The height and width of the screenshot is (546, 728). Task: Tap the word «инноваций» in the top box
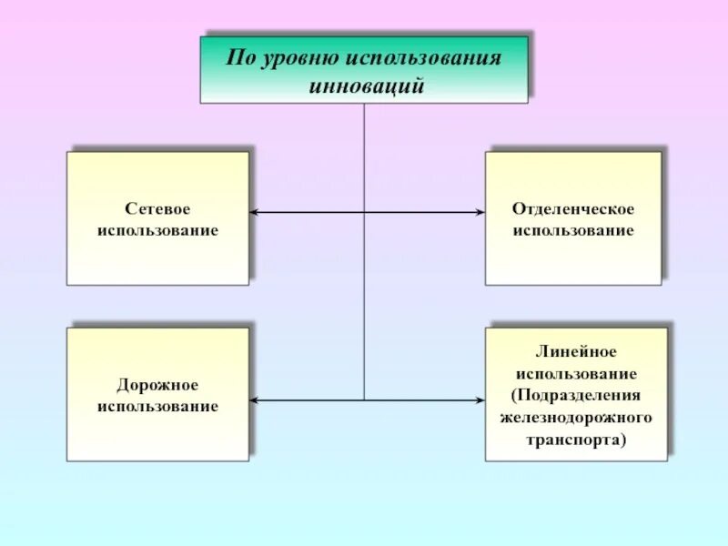(363, 86)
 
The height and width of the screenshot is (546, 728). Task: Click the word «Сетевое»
(157, 209)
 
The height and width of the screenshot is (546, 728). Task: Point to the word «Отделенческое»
(573, 209)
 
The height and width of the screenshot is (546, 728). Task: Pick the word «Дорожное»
(157, 386)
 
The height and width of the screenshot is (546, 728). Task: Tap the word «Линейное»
(577, 352)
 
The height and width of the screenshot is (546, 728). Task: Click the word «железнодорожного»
(577, 418)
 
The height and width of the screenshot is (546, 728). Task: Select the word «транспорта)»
(577, 439)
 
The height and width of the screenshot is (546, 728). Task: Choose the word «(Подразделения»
(577, 396)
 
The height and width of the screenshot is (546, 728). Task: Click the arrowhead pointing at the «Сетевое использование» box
(255, 213)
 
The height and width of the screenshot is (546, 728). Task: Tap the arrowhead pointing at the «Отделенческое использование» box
(480, 213)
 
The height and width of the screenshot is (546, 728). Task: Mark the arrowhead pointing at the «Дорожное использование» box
(255, 399)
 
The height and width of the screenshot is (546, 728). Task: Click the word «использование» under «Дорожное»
(157, 407)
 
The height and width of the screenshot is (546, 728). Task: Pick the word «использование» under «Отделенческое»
(573, 230)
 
